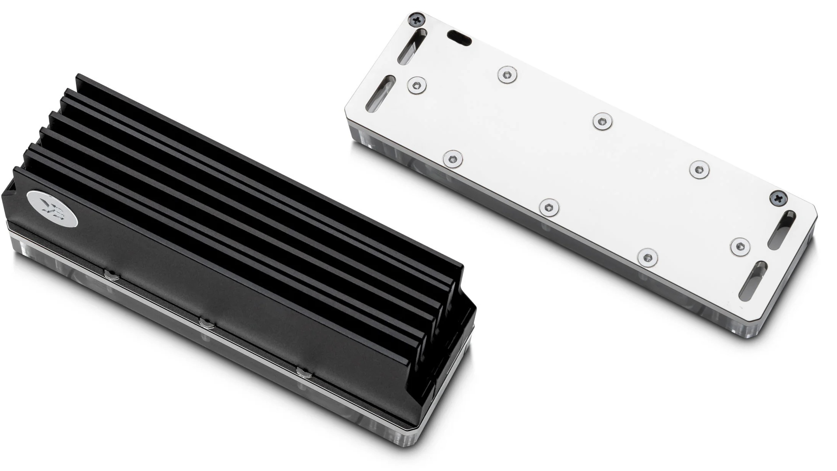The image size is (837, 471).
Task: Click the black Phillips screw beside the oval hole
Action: pyautogui.click(x=416, y=19)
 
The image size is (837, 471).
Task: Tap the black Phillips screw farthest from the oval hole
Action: pyautogui.click(x=778, y=198)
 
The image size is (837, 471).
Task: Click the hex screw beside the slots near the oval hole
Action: pyautogui.click(x=417, y=85)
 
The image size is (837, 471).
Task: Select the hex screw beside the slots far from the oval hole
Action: pyautogui.click(x=740, y=246)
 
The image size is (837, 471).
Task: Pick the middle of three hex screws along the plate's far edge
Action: pyautogui.click(x=602, y=121)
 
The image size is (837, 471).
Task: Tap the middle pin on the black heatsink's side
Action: pyautogui.click(x=207, y=323)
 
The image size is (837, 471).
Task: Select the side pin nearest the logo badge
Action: pyautogui.click(x=112, y=274)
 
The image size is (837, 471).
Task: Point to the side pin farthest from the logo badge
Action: pyautogui.click(x=304, y=372)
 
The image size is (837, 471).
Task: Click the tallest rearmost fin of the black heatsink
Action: pyautogui.click(x=262, y=170)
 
